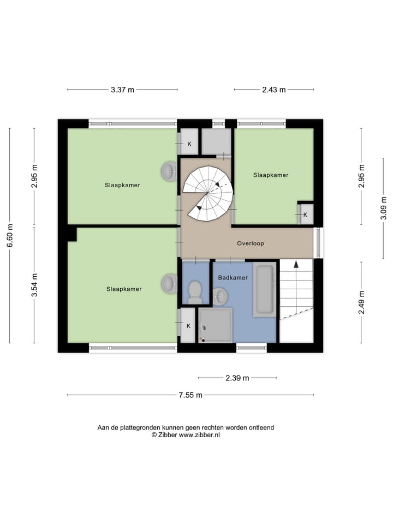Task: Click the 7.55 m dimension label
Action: pyautogui.click(x=191, y=395)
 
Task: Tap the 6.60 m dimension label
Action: pyautogui.click(x=9, y=235)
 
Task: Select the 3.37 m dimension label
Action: pyautogui.click(x=122, y=90)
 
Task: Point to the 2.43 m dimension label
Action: pyautogui.click(x=275, y=90)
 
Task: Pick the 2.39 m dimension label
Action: pyautogui.click(x=237, y=378)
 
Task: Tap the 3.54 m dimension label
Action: pyautogui.click(x=34, y=285)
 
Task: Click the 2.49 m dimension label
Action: pyautogui.click(x=361, y=302)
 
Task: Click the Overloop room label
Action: pyautogui.click(x=251, y=243)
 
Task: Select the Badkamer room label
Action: pyautogui.click(x=233, y=278)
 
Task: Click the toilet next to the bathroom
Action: pyautogui.click(x=194, y=292)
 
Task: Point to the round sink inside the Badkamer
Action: pyautogui.click(x=221, y=296)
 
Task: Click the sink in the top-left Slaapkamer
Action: pyautogui.click(x=169, y=171)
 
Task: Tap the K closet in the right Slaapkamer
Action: pyautogui.click(x=305, y=215)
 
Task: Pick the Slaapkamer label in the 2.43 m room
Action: pyautogui.click(x=271, y=175)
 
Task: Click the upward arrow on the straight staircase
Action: pyautogui.click(x=296, y=265)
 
